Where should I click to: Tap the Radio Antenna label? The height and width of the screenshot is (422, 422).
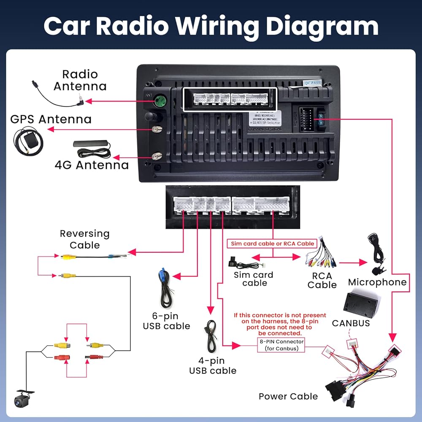[x=80, y=80]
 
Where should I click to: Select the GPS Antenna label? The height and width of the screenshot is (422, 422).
[x=51, y=119]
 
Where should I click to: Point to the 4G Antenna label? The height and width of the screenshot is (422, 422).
[x=92, y=164]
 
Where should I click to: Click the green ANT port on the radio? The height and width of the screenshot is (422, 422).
[x=159, y=101]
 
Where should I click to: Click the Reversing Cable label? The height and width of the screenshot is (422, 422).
[x=84, y=239]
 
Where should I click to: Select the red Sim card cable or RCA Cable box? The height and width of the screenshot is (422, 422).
[x=272, y=243]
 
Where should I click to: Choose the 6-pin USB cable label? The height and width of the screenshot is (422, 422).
[x=166, y=321]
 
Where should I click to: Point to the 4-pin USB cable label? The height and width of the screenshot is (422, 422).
[x=212, y=365]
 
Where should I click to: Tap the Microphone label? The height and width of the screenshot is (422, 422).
[x=377, y=282]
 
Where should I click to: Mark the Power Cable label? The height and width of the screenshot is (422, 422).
[x=288, y=396]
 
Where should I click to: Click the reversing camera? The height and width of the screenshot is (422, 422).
[x=25, y=397]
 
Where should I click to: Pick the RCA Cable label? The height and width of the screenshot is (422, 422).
[x=322, y=280]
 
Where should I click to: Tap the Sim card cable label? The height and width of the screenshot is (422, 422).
[x=254, y=279]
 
